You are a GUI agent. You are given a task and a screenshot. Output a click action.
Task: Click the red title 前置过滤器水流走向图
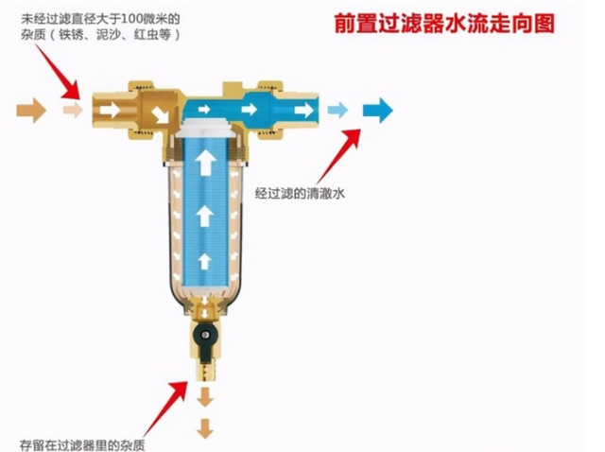pyautogui.click(x=444, y=23)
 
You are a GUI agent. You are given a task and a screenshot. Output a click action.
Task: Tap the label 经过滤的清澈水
pyautogui.click(x=300, y=193)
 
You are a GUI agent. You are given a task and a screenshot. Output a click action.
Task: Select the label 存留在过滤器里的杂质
pyautogui.click(x=82, y=444)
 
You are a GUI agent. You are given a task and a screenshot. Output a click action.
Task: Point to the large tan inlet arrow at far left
pyautogui.click(x=31, y=111)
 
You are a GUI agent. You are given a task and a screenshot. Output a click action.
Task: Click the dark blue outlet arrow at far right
pyautogui.click(x=378, y=111)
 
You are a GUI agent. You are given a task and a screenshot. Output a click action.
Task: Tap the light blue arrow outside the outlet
pyautogui.click(x=337, y=111)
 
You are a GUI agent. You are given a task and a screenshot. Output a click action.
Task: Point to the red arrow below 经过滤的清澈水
pyautogui.click(x=338, y=156)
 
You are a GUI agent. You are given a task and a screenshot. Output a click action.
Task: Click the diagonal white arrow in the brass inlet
pyautogui.click(x=160, y=115)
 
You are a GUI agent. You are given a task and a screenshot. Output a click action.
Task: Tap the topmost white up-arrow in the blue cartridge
pyautogui.click(x=205, y=162)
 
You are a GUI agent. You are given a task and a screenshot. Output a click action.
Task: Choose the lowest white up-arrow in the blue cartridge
pyautogui.click(x=205, y=261)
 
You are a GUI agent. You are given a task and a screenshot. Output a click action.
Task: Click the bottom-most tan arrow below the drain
pyautogui.click(x=205, y=428)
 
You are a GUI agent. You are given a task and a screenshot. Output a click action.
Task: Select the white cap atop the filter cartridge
pyautogui.click(x=205, y=129)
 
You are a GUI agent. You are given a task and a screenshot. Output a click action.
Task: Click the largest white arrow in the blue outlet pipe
pyautogui.click(x=304, y=110)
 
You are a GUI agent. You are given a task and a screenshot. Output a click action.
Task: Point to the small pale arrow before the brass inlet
pyautogui.click(x=73, y=111)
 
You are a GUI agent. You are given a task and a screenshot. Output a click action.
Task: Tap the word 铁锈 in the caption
pyautogui.click(x=71, y=35)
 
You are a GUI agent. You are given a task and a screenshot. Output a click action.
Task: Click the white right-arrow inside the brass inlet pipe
pyautogui.click(x=110, y=111)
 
